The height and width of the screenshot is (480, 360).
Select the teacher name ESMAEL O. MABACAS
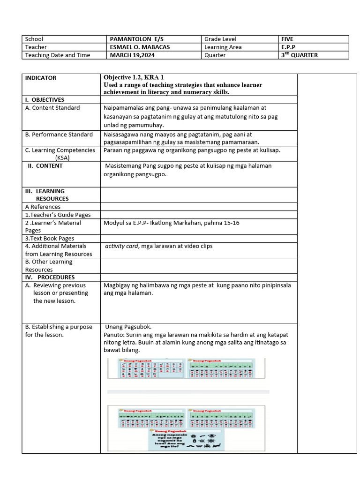point(140,47)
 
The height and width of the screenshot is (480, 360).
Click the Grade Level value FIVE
point(287,39)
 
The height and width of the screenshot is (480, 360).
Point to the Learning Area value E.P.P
point(288,47)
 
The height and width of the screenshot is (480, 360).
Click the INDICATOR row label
point(41,78)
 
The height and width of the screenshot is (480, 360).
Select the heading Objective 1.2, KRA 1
point(134,77)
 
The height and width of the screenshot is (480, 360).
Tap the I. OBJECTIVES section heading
point(45,100)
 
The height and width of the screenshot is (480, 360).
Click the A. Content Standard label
point(52,108)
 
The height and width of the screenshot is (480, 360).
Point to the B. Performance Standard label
point(59,135)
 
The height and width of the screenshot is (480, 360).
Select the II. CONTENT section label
point(45,166)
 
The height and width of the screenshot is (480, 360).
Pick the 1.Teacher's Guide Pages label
point(58,215)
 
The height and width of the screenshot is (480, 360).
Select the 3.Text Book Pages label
point(50,239)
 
